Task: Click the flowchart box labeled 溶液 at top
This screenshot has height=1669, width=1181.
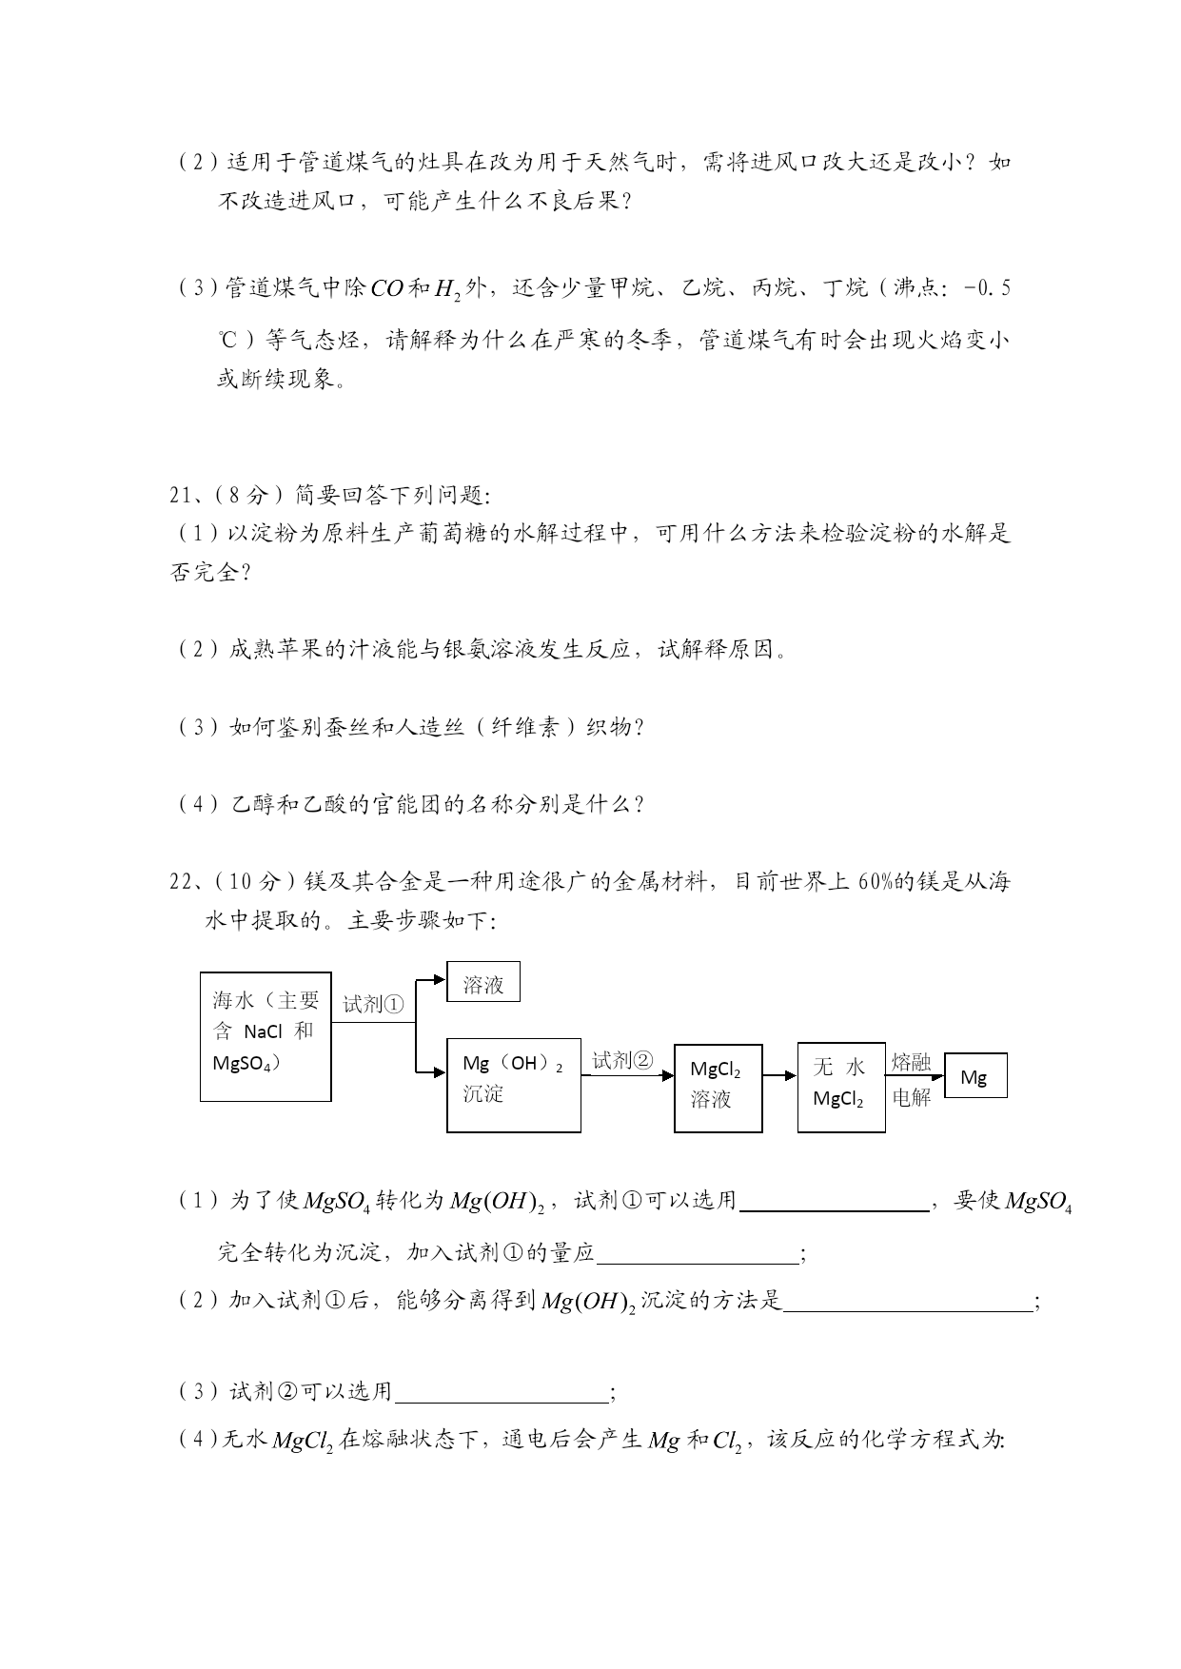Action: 483,982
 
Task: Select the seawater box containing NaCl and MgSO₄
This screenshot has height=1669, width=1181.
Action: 266,1036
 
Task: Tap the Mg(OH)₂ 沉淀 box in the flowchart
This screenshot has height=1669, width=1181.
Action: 513,1085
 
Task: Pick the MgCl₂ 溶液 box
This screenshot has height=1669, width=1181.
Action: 718,1088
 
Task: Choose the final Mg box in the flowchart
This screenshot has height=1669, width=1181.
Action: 974,1075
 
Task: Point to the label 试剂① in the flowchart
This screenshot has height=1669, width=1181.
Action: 373,1004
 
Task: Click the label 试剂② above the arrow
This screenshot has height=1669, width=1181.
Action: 622,1061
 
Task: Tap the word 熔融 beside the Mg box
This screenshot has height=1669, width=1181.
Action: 911,1062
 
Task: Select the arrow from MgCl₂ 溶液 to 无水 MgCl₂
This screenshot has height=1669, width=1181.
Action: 779,1075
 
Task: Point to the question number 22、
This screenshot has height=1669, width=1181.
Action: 184,881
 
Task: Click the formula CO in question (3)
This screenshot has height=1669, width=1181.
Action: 387,288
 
